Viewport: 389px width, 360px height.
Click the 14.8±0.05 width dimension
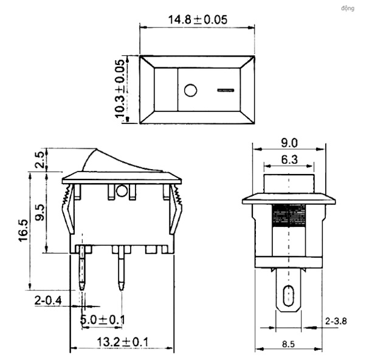[x=198, y=20]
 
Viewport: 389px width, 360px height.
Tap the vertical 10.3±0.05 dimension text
[x=119, y=89]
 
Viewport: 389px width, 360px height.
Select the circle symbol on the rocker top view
[x=190, y=90]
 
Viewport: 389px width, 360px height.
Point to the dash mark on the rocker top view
[x=225, y=90]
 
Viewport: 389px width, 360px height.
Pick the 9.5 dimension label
[x=40, y=212]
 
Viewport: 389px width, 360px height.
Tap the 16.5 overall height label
[x=24, y=230]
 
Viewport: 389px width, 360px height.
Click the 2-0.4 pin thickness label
[x=48, y=300]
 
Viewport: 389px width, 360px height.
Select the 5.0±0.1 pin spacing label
[x=103, y=319]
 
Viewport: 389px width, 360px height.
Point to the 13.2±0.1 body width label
[x=122, y=342]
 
